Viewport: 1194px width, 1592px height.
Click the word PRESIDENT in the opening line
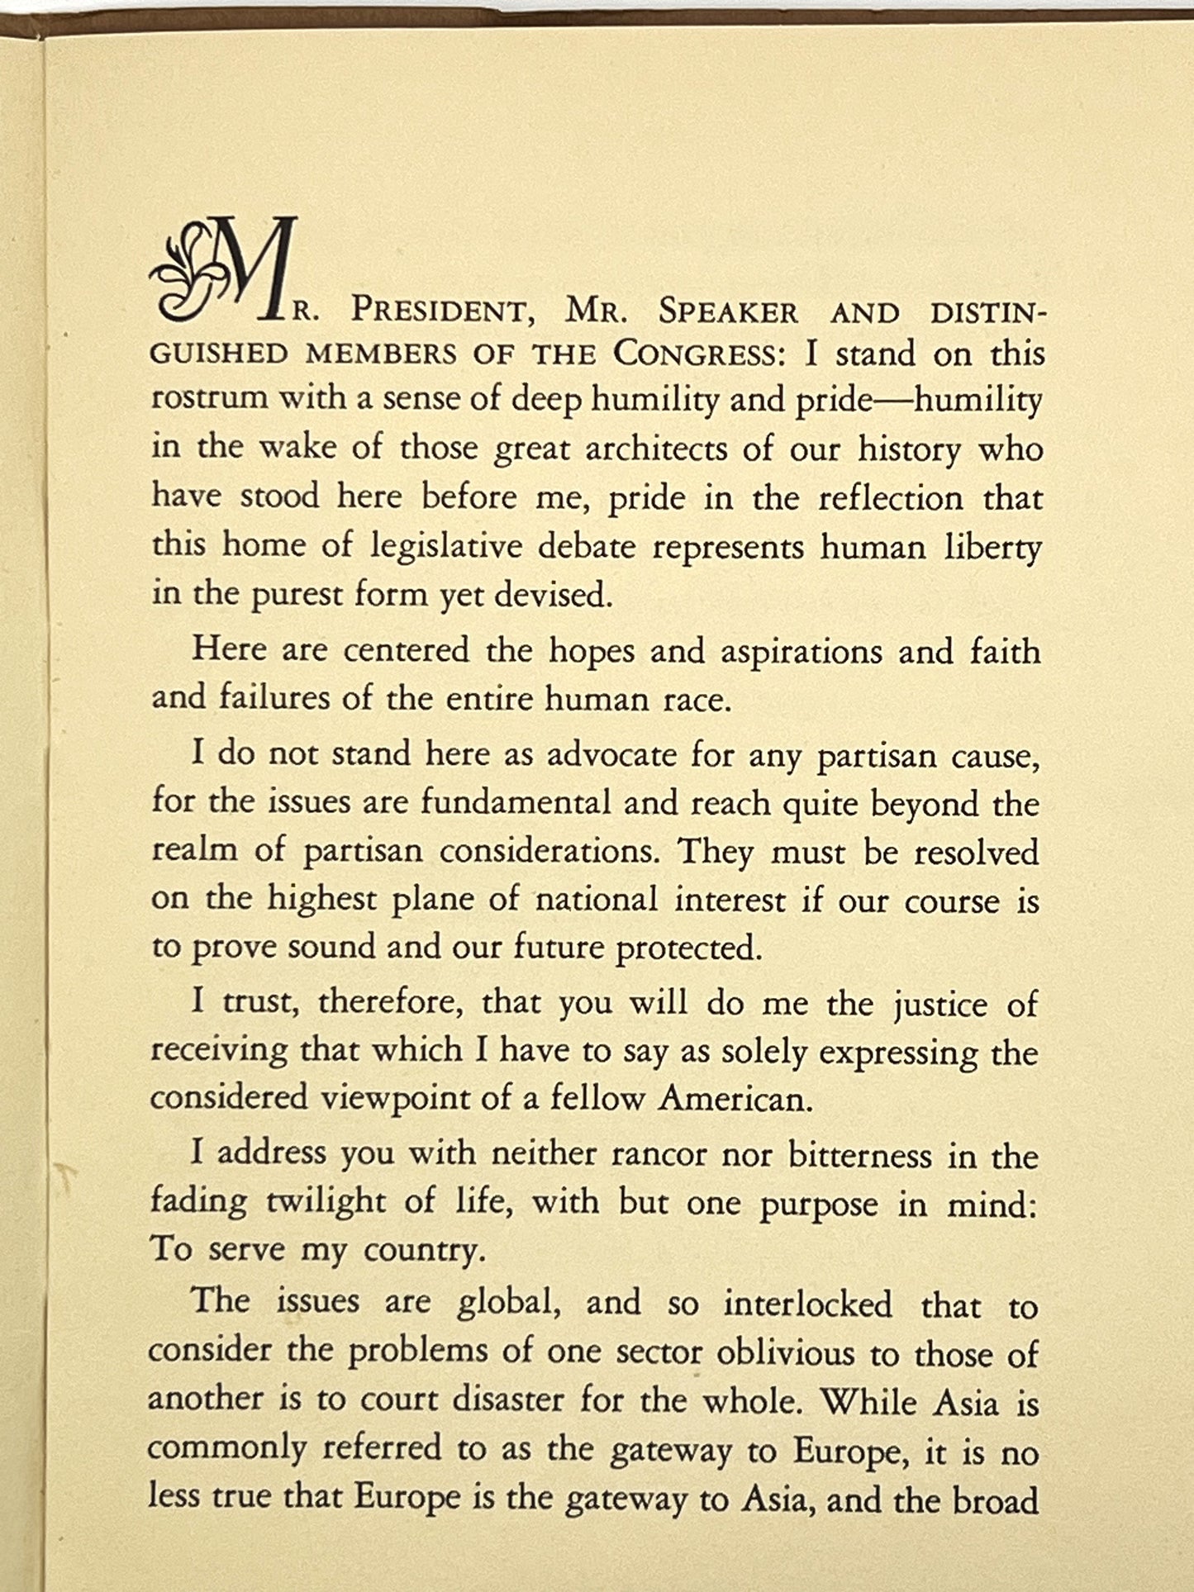click(x=437, y=311)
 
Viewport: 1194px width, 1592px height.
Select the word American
click(x=735, y=1100)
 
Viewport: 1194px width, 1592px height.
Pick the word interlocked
click(x=808, y=1304)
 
